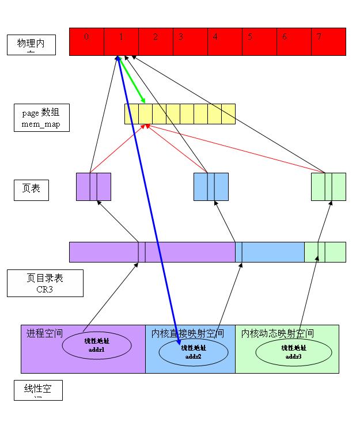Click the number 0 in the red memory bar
coord(86,37)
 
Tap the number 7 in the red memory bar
coord(319,37)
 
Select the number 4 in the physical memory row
coord(215,37)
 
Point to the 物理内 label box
coord(31,45)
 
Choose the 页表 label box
coord(31,191)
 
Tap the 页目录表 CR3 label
coord(45,283)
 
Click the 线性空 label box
coord(38,390)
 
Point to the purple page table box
coord(93,187)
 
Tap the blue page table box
coord(211,187)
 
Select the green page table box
coord(328,187)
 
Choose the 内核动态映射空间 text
coord(278,333)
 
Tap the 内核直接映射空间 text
coord(188,333)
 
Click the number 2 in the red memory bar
coord(156,37)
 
